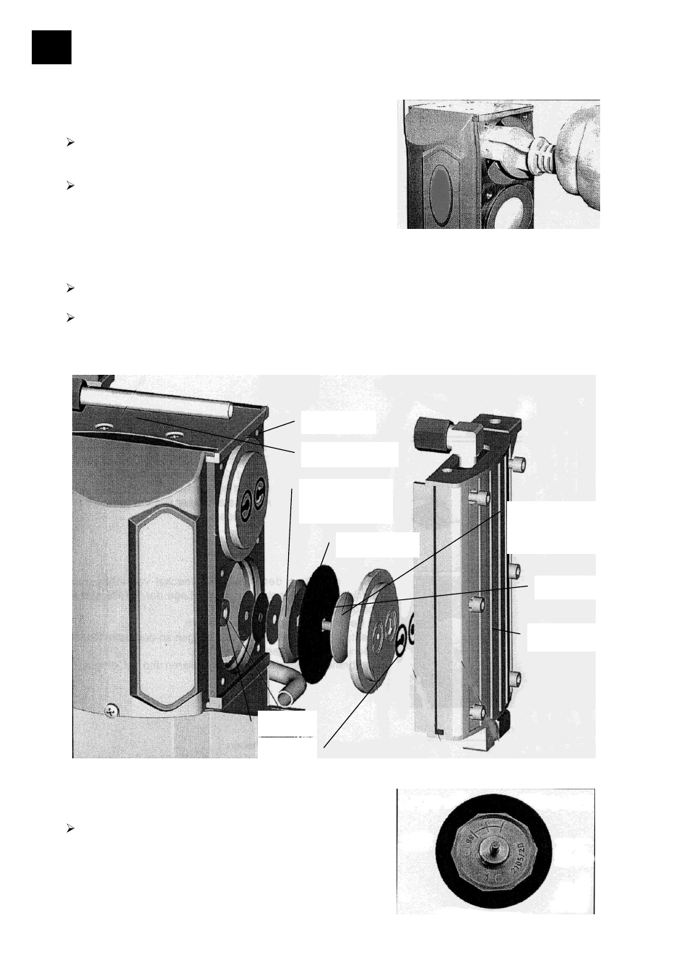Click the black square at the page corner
tap(51, 47)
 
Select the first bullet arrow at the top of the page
tap(70, 143)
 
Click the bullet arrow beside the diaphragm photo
tap(70, 828)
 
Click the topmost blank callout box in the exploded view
tap(338, 422)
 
